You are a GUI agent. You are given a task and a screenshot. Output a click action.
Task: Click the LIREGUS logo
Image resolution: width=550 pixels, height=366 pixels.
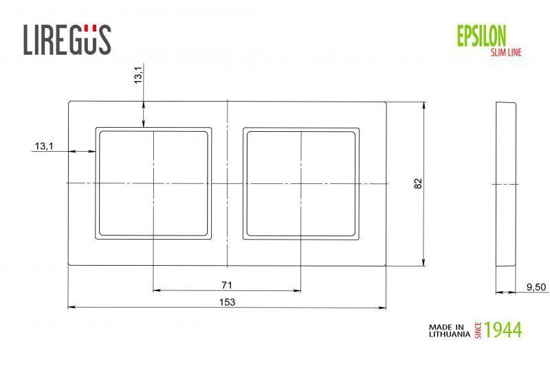coord(67,39)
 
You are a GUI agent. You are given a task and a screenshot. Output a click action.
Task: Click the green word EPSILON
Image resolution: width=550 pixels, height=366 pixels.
coord(481,35)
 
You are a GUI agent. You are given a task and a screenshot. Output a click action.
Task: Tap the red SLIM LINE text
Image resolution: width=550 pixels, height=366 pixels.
coord(505,52)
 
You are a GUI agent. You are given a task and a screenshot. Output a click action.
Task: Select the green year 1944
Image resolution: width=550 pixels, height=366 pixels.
coord(503,330)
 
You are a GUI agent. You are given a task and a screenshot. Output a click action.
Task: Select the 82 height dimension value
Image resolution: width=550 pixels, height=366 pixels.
coord(418,183)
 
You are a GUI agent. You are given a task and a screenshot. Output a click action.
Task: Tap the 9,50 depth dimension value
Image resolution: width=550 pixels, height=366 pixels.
coord(536,288)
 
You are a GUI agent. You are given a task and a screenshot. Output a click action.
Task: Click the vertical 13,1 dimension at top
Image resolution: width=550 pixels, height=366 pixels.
coord(138,76)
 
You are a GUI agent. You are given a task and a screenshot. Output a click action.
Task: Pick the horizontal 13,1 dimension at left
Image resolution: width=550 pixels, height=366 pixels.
coord(43,146)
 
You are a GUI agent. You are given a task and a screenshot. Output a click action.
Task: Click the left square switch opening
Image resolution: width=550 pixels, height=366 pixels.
coord(153,183)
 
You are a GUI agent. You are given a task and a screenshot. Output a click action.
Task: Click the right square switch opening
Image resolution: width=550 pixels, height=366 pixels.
coord(301,183)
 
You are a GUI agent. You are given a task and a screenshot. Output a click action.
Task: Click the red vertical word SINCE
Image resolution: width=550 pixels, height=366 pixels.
coord(478,330)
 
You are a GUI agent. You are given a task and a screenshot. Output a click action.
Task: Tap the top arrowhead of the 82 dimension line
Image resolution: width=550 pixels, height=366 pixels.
coord(424,106)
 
